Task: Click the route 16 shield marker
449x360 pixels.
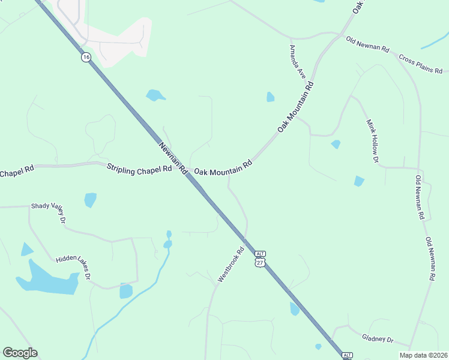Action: (86, 57)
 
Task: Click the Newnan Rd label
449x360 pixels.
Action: (173, 158)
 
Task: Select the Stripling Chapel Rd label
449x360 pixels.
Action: (139, 168)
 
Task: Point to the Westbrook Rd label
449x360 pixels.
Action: (231, 265)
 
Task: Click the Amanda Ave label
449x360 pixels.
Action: (298, 62)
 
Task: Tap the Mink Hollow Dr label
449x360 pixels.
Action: (372, 142)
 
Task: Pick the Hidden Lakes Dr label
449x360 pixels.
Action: (73, 267)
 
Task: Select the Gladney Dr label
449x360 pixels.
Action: (378, 339)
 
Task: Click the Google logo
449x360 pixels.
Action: (20, 353)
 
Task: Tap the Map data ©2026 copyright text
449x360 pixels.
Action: (424, 355)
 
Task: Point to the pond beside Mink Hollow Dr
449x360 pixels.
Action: (359, 181)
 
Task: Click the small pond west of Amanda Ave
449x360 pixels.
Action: (270, 97)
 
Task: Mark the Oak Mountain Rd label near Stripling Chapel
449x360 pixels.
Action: (221, 168)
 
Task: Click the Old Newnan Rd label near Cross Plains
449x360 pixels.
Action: (367, 45)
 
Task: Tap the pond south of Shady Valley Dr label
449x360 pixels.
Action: (90, 200)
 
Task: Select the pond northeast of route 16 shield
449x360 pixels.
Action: (155, 95)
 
